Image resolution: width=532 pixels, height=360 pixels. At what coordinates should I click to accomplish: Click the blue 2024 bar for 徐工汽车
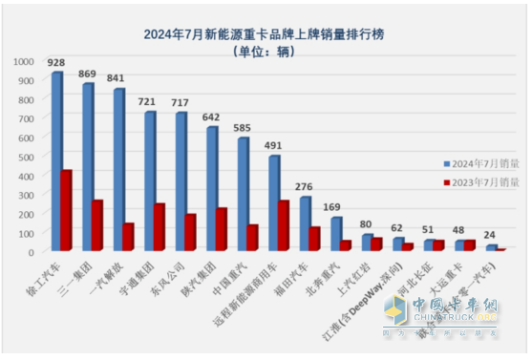pyautogui.click(x=56, y=162)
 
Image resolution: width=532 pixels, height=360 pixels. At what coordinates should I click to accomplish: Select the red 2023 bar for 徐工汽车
pyautogui.click(x=67, y=211)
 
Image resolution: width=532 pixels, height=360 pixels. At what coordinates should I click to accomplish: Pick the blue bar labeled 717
pyautogui.click(x=181, y=182)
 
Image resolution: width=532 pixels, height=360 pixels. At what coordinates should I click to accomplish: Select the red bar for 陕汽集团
pyautogui.click(x=222, y=230)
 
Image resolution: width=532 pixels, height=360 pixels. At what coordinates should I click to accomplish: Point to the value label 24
pyautogui.click(x=491, y=234)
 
